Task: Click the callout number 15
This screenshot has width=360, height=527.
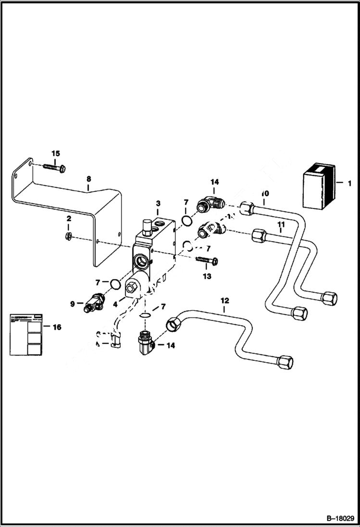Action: [x=56, y=153]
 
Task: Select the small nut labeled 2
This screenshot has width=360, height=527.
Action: [x=69, y=235]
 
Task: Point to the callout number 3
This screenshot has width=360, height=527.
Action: [x=157, y=204]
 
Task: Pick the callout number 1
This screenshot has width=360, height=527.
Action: [x=349, y=183]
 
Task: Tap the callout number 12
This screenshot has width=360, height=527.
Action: [x=224, y=301]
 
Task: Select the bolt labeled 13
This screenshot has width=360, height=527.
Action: [x=208, y=261]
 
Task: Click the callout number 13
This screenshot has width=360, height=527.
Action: [x=207, y=276]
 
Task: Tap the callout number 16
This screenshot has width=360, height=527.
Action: [x=57, y=327]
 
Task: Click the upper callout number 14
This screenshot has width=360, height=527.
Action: [x=214, y=182]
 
